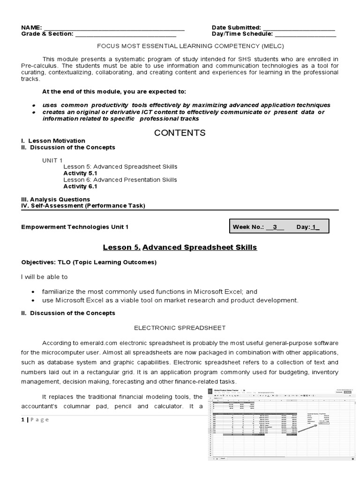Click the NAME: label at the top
(31, 28)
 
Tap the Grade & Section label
(47, 34)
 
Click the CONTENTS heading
(180, 133)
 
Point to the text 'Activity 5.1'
(80, 173)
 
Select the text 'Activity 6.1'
(80, 186)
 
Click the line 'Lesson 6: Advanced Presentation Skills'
(120, 180)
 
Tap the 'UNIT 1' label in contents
(52, 160)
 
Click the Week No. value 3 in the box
(276, 227)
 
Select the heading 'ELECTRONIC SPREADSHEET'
(180, 328)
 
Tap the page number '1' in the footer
(23, 420)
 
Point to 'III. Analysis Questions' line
(56, 199)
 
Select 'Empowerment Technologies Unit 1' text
(75, 227)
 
